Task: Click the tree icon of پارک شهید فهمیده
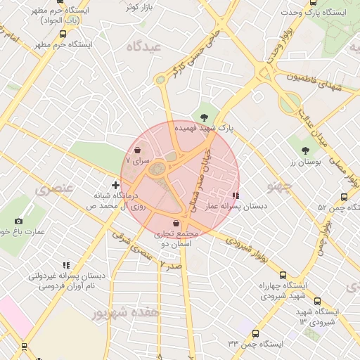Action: click(204, 117)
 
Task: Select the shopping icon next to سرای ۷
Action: click(137, 150)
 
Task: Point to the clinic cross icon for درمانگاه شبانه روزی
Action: click(116, 185)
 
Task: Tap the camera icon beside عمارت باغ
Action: click(18, 220)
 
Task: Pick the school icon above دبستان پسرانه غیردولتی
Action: click(65, 265)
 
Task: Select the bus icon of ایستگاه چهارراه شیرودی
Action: click(283, 275)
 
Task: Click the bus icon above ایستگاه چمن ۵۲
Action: click(344, 197)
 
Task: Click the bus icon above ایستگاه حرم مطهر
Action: click(63, 33)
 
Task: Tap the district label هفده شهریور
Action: click(129, 311)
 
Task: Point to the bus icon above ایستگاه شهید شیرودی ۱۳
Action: click(316, 300)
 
